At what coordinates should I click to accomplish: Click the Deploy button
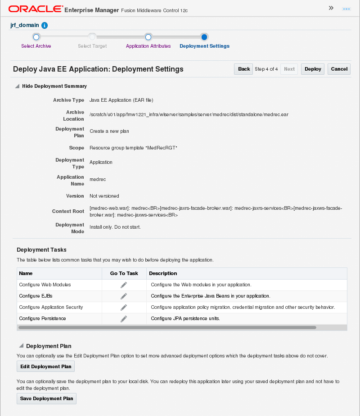313,69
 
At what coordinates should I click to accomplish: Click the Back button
243,69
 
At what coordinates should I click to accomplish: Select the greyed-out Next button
289,69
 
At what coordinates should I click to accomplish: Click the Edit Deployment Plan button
45,366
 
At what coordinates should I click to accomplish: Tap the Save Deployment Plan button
46,398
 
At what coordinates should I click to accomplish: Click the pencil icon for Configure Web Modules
124,285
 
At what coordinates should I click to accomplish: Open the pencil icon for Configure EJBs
124,296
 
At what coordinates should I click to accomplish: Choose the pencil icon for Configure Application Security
124,307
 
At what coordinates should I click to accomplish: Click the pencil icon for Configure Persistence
124,319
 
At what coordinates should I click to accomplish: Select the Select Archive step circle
36,37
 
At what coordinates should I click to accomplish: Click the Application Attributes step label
148,46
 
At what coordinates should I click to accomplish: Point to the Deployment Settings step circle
204,37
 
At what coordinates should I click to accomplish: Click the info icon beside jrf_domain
45,26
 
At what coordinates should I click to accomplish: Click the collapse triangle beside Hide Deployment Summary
17,86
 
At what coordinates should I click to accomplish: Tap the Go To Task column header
124,273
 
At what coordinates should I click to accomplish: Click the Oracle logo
35,9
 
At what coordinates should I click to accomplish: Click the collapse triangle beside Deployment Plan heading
21,346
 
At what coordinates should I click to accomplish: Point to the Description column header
163,273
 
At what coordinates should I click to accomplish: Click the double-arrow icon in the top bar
331,8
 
